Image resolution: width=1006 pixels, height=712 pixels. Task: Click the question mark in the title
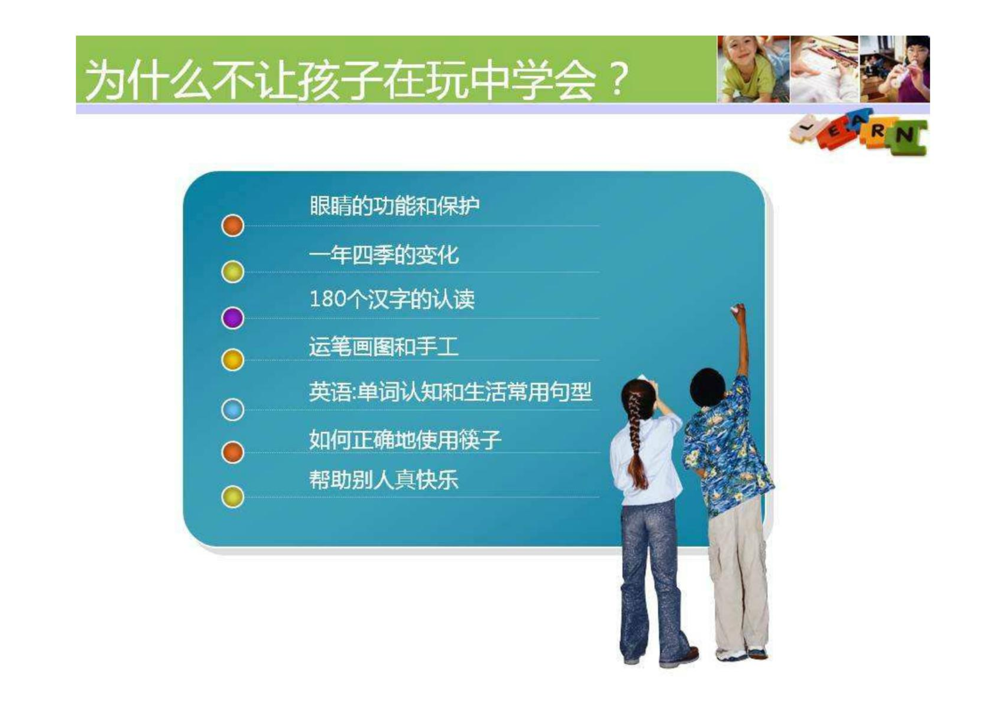[618, 80]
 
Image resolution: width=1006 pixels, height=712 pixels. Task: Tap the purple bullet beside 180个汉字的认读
[232, 318]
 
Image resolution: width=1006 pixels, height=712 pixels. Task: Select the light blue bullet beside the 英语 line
[232, 410]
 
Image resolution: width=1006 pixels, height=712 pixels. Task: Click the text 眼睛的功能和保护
[394, 206]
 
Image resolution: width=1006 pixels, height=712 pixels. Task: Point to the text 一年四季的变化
[384, 255]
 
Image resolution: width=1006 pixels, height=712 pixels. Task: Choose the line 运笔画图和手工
[384, 347]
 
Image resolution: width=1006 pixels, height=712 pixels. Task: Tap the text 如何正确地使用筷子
[405, 440]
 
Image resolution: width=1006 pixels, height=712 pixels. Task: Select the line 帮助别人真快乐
[384, 480]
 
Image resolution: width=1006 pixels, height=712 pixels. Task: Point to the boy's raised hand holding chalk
[738, 313]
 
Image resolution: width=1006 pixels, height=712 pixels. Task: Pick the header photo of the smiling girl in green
[753, 69]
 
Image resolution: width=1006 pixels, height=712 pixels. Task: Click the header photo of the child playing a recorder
[895, 69]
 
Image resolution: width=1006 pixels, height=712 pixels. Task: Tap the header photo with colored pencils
[825, 69]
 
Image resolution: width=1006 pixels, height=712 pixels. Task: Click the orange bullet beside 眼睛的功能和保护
[232, 225]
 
